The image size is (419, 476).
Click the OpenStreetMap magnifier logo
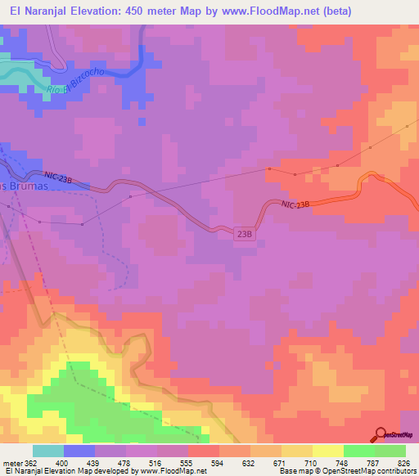[381, 434]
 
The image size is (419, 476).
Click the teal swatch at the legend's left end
[48, 451]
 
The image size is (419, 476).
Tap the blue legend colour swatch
[79, 451]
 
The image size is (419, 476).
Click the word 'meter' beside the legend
[11, 464]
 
